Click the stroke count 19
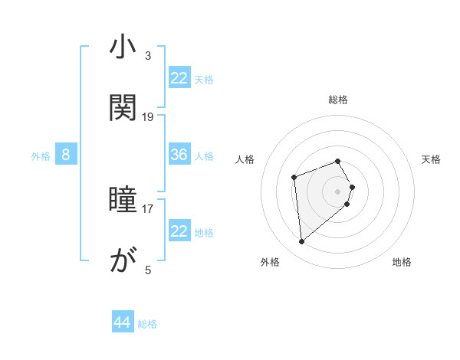pos(148,116)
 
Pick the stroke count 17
pos(148,208)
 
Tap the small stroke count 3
pos(148,55)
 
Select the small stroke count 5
pos(148,270)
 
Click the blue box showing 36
pos(179,155)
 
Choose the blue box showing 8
pos(66,155)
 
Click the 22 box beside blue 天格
pos(179,78)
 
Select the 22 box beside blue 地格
pos(179,231)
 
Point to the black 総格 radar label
pos(338,100)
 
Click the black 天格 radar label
pos(432,159)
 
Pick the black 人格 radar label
pos(245,159)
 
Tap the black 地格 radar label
pos(402,262)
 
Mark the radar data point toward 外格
pos(302,242)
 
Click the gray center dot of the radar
pos(338,191)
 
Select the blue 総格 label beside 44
pos(147,324)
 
